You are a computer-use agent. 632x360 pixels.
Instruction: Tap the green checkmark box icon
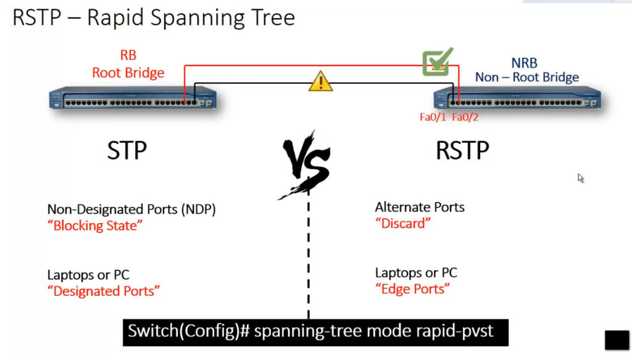[438, 62]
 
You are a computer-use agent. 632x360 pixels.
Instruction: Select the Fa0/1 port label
[433, 117]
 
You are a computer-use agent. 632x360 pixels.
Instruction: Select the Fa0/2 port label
[465, 117]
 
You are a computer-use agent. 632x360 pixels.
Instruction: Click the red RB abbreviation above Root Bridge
[128, 55]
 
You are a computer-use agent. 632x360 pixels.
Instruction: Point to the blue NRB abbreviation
[524, 63]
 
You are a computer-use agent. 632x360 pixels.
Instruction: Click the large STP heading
[127, 151]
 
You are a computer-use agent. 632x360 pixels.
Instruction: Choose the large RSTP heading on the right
[462, 151]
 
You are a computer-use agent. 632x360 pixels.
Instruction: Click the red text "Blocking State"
[95, 225]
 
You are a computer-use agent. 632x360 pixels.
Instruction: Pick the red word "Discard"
[403, 224]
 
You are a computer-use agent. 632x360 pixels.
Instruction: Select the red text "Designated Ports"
[104, 291]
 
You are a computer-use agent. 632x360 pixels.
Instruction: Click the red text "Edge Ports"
[413, 289]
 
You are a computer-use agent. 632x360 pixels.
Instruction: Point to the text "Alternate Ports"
[420, 207]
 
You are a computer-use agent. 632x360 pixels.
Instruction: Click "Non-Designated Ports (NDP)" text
[131, 209]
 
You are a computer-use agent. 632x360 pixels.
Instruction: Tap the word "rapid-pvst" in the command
[455, 331]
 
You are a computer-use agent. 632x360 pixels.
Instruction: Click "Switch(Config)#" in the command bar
[189, 331]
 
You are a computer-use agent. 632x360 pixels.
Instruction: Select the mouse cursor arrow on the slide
[580, 178]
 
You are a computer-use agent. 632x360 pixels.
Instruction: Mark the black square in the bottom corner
[617, 340]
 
